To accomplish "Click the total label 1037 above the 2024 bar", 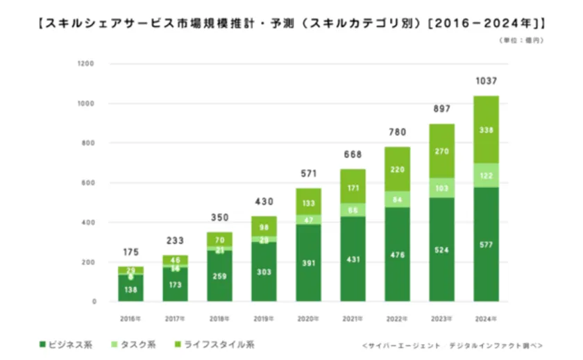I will tap(487, 81).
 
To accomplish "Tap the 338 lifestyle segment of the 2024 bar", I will tap(487, 130).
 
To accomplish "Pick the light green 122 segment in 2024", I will tap(487, 175).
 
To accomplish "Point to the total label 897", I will tap(442, 109).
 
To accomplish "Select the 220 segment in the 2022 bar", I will tap(398, 169).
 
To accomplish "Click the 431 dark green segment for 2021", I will tap(353, 259).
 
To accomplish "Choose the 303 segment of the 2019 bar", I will tap(264, 272).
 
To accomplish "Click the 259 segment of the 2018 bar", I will tap(219, 276).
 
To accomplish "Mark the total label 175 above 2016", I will tap(130, 252).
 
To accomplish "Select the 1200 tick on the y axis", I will tap(86, 64).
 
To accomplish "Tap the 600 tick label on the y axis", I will tap(89, 183).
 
